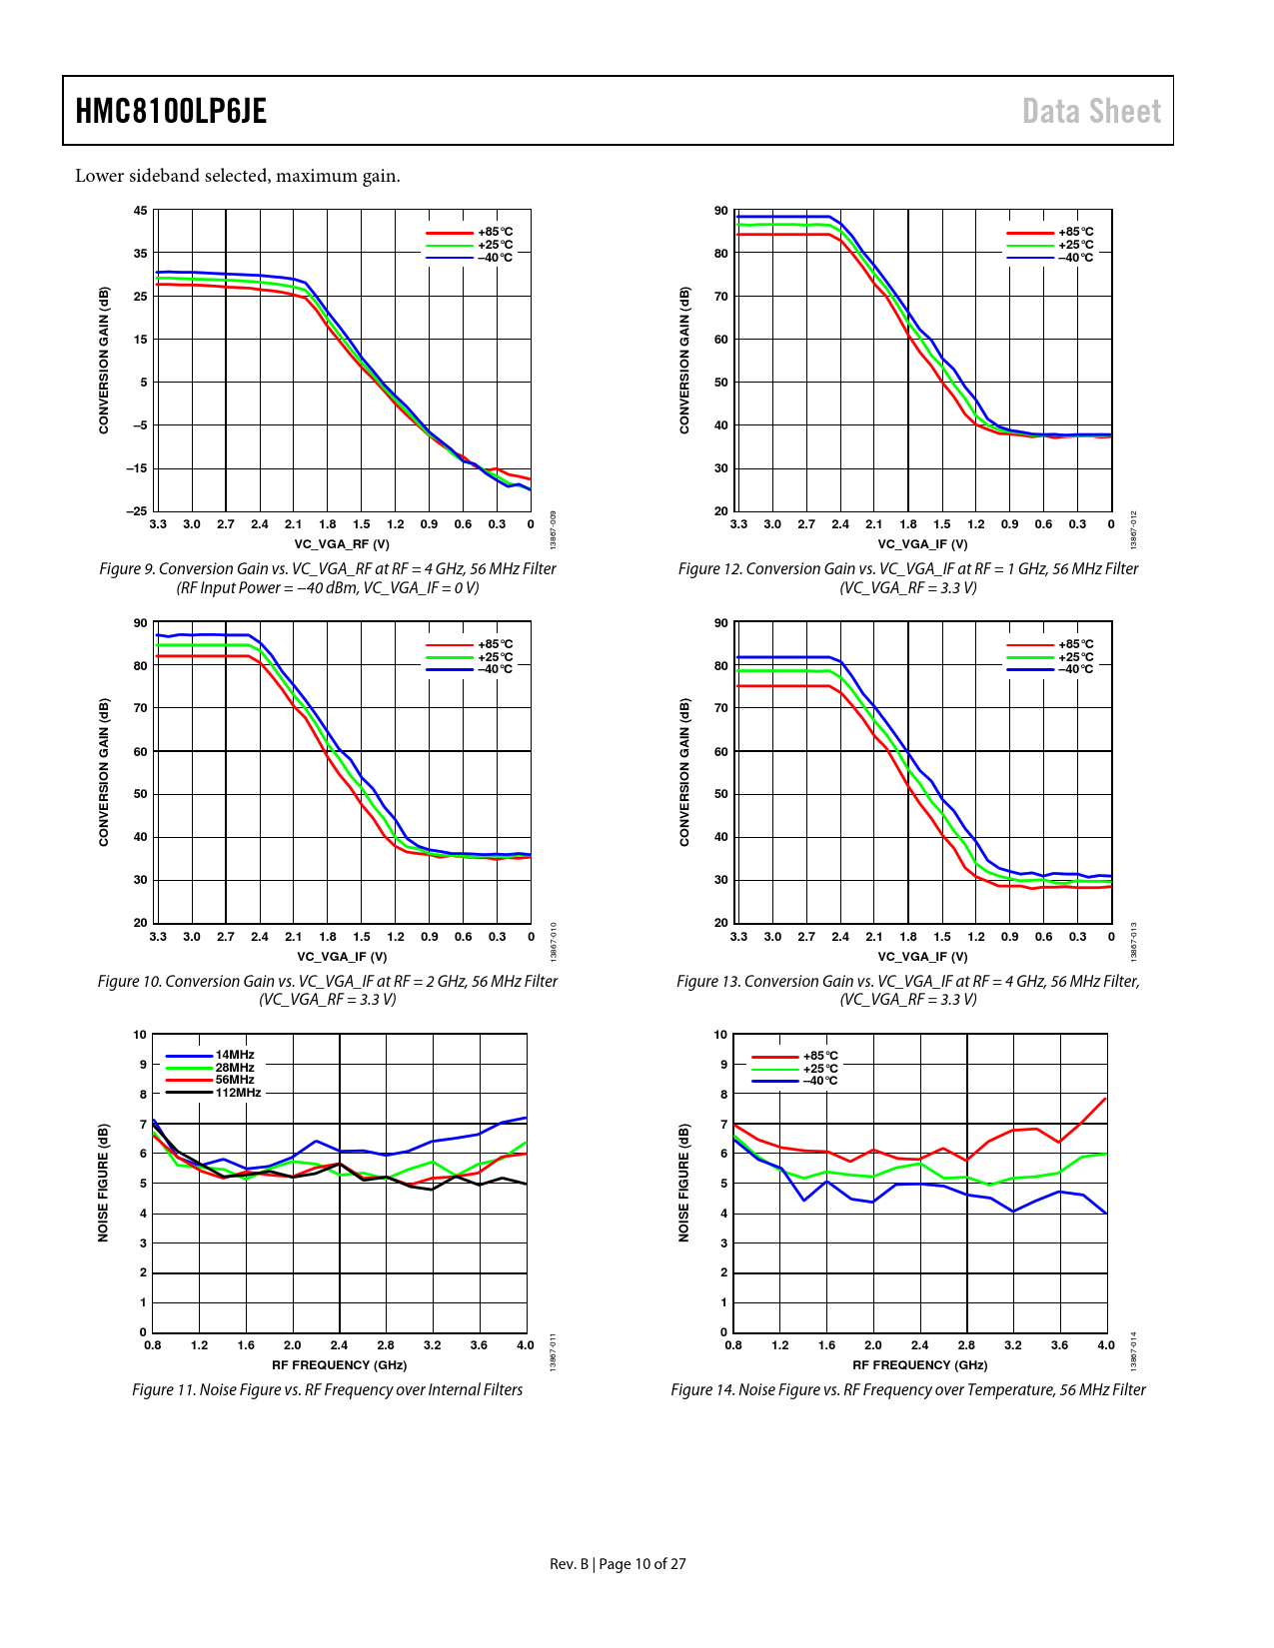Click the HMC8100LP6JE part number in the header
(171, 111)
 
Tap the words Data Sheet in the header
(1091, 111)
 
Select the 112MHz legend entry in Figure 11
(238, 1093)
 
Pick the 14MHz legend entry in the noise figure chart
(235, 1055)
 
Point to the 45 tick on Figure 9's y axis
(141, 211)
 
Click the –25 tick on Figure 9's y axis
(137, 511)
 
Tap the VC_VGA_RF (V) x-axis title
(342, 544)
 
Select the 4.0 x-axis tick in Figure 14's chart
(1106, 1345)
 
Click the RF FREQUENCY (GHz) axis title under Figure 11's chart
(340, 1365)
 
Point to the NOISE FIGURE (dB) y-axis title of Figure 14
(684, 1184)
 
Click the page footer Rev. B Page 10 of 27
(618, 1564)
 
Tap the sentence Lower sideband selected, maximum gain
(238, 176)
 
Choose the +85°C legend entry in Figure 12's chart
(1076, 232)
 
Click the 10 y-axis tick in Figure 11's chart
(140, 1035)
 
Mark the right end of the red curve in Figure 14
(1106, 1098)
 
